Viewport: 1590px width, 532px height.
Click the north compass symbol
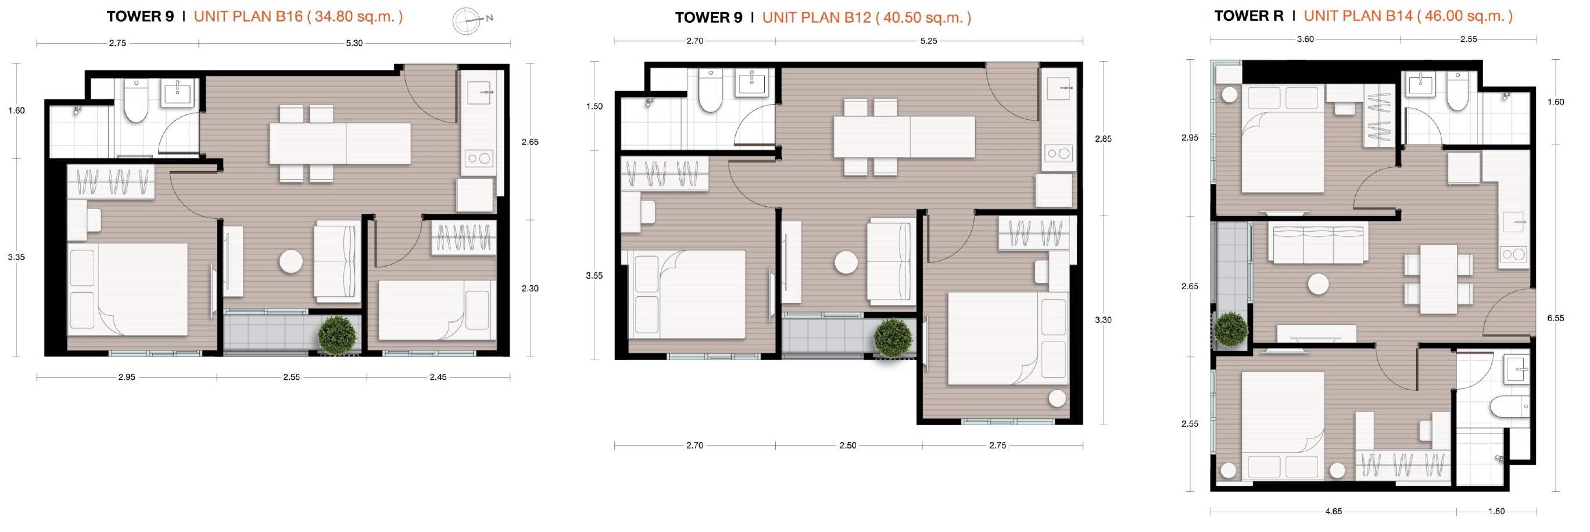click(467, 20)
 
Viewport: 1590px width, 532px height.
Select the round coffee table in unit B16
click(291, 262)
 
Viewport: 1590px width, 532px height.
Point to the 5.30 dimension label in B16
click(354, 43)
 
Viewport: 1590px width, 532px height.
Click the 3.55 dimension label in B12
click(594, 276)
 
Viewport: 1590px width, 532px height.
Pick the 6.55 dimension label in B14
click(1556, 318)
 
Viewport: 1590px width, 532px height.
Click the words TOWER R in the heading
click(1249, 16)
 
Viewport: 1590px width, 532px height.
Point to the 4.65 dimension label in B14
click(1333, 511)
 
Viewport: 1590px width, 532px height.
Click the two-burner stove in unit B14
click(1512, 254)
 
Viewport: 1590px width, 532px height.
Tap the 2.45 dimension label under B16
click(438, 377)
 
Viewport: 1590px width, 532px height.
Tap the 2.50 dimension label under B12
click(847, 445)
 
